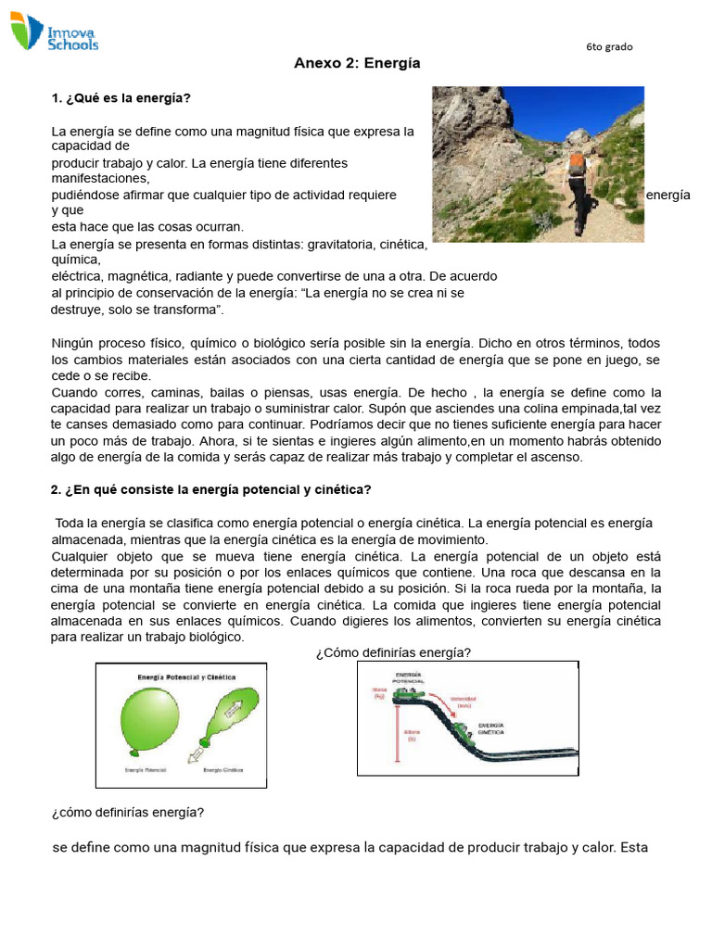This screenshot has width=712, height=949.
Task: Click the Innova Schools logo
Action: point(54,33)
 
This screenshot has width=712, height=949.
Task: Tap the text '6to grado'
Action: point(609,47)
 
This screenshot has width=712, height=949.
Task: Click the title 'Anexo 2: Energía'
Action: point(357,64)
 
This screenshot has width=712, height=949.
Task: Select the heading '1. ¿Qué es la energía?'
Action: point(121,97)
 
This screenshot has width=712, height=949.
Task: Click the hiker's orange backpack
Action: point(577,163)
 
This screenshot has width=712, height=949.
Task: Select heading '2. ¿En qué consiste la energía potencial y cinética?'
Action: point(210,489)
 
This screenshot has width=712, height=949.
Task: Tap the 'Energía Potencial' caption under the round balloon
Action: point(144,769)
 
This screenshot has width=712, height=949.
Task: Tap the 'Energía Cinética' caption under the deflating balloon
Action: point(223,769)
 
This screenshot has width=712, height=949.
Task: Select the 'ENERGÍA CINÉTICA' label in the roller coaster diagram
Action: point(491,728)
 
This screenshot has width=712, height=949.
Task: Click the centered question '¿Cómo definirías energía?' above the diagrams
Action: point(393,653)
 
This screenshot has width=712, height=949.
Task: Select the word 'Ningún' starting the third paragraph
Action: point(71,344)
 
